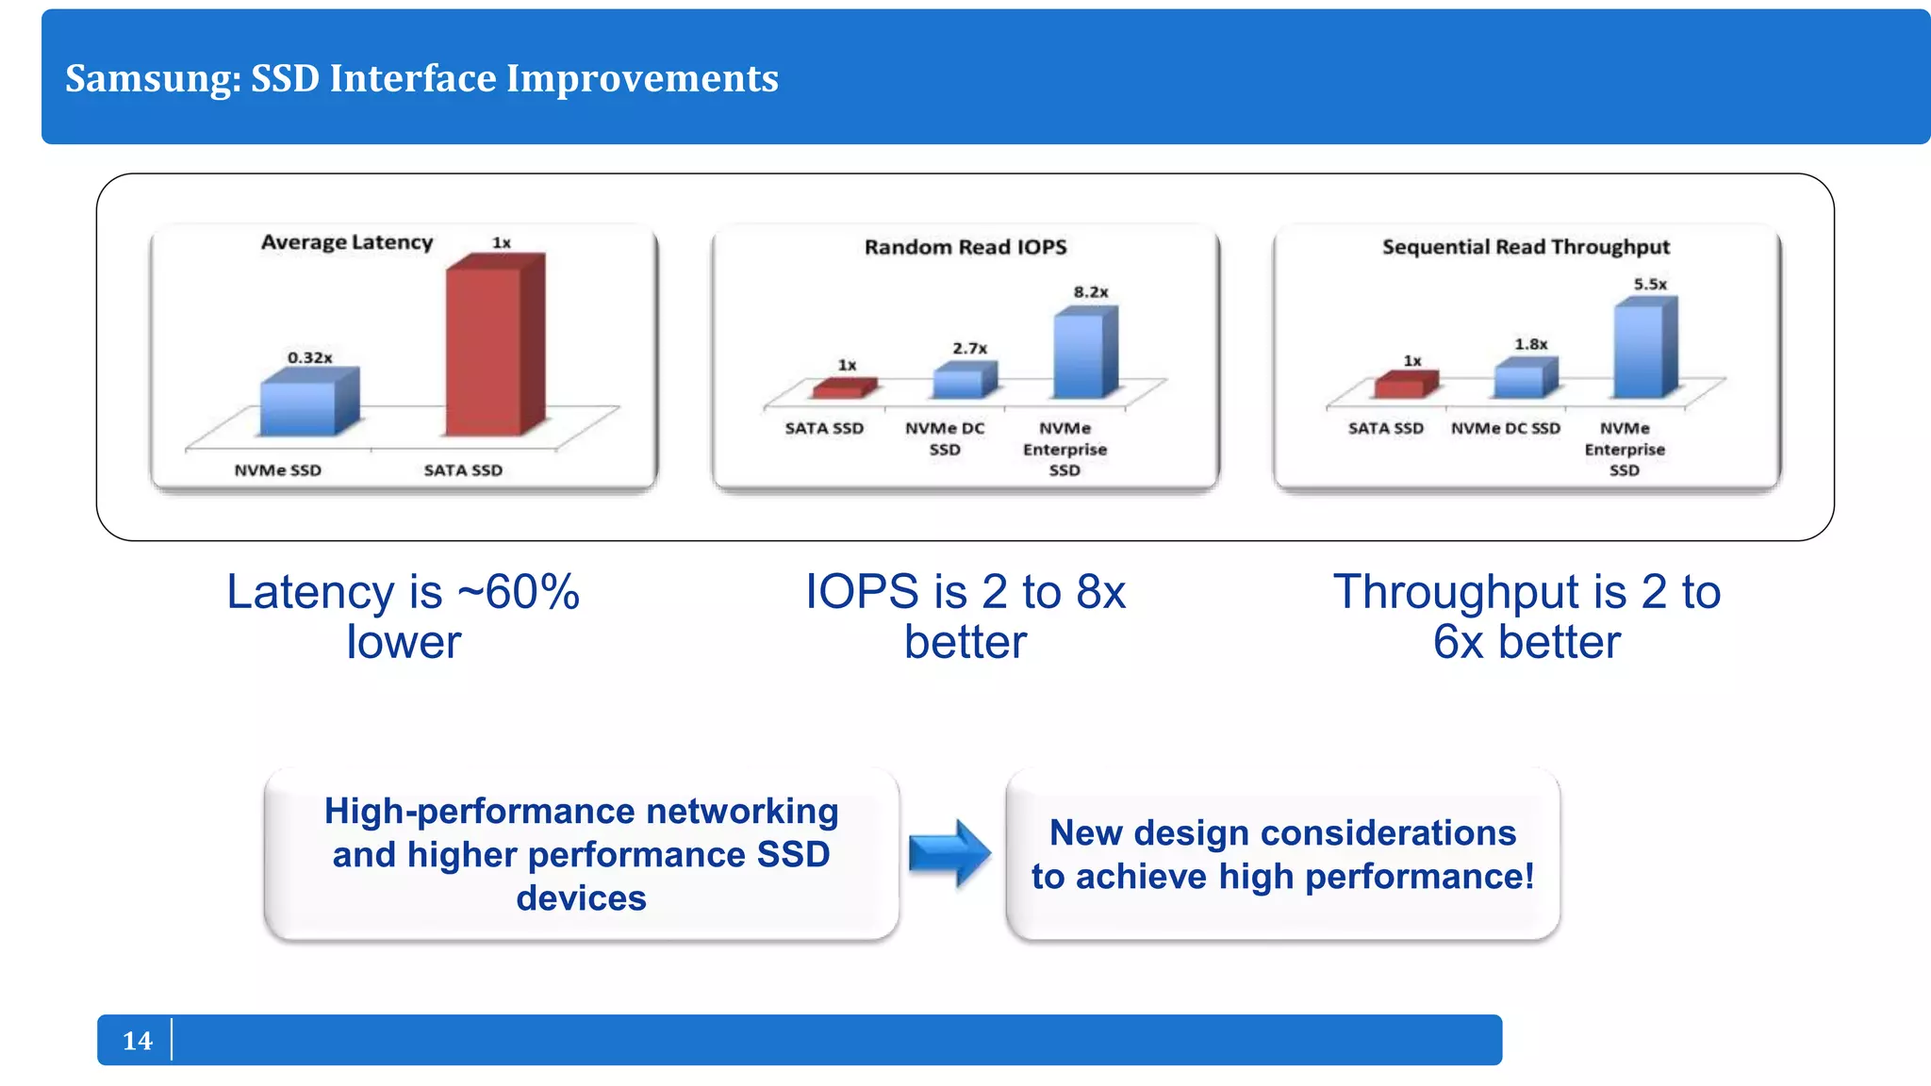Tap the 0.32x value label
309,357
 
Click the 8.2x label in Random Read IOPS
1090,292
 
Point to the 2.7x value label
969,348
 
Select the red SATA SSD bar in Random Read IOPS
842,387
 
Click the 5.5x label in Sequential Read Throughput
1650,284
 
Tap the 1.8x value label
1530,344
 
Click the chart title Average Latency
346,242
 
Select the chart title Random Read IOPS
965,247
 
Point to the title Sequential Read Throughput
1525,247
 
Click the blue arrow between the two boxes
949,853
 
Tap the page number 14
137,1040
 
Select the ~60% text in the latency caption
518,592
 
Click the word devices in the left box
581,897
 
